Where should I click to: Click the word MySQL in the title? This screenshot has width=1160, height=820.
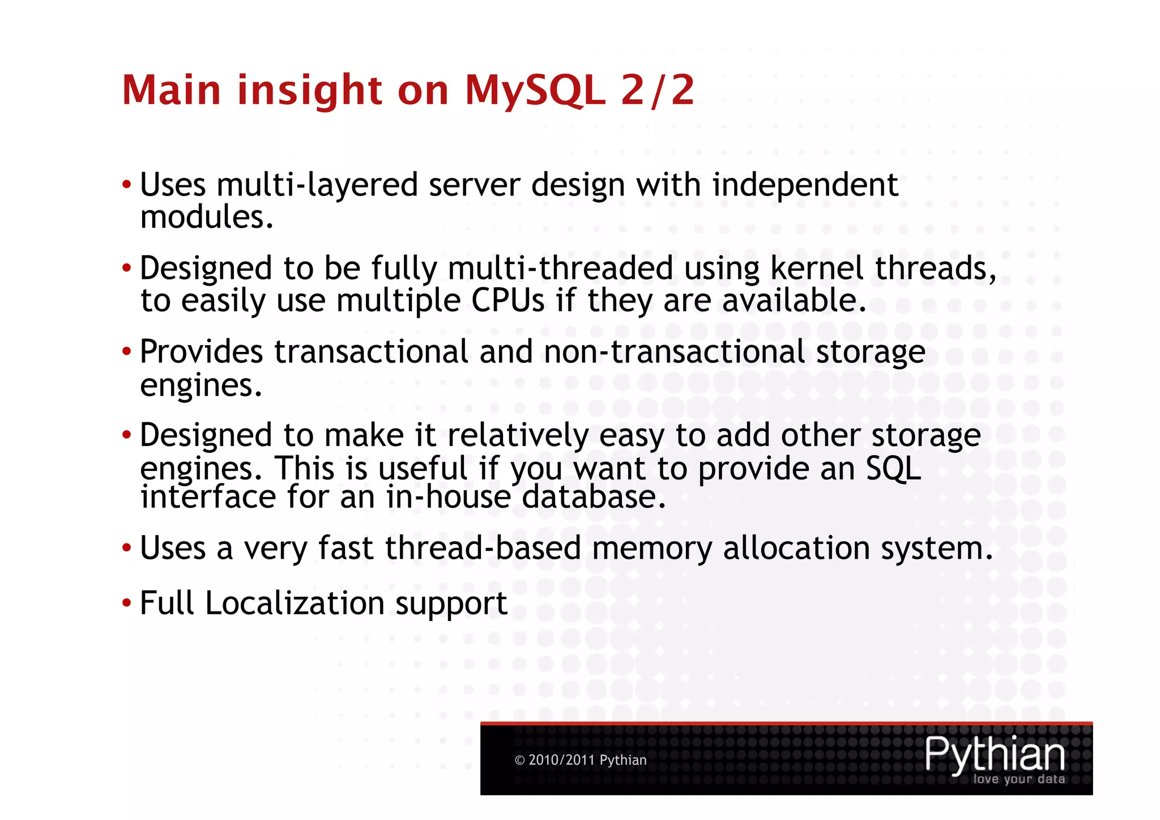click(535, 91)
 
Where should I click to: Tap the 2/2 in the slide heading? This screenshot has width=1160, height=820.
click(658, 91)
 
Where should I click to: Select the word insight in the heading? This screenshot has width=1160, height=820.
click(309, 91)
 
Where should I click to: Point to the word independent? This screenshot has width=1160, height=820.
click(805, 185)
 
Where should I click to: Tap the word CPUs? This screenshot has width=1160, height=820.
click(507, 300)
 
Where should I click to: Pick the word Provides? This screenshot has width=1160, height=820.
click(201, 352)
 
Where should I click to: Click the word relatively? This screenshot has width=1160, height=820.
click(518, 435)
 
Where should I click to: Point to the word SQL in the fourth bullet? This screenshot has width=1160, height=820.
click(893, 469)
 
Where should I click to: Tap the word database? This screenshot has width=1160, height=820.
click(593, 497)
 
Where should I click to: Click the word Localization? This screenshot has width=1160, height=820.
click(295, 603)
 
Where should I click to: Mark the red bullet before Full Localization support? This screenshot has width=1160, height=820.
click(126, 603)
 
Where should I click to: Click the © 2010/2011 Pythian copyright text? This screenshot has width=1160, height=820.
click(580, 760)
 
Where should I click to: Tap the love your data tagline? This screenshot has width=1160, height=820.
click(1018, 779)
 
